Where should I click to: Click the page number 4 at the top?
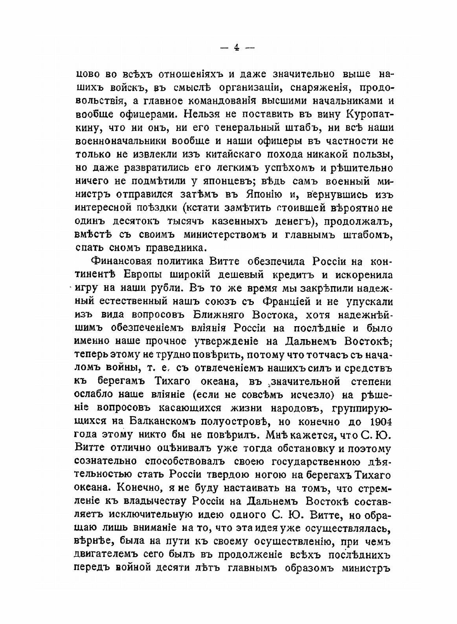tap(236, 48)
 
